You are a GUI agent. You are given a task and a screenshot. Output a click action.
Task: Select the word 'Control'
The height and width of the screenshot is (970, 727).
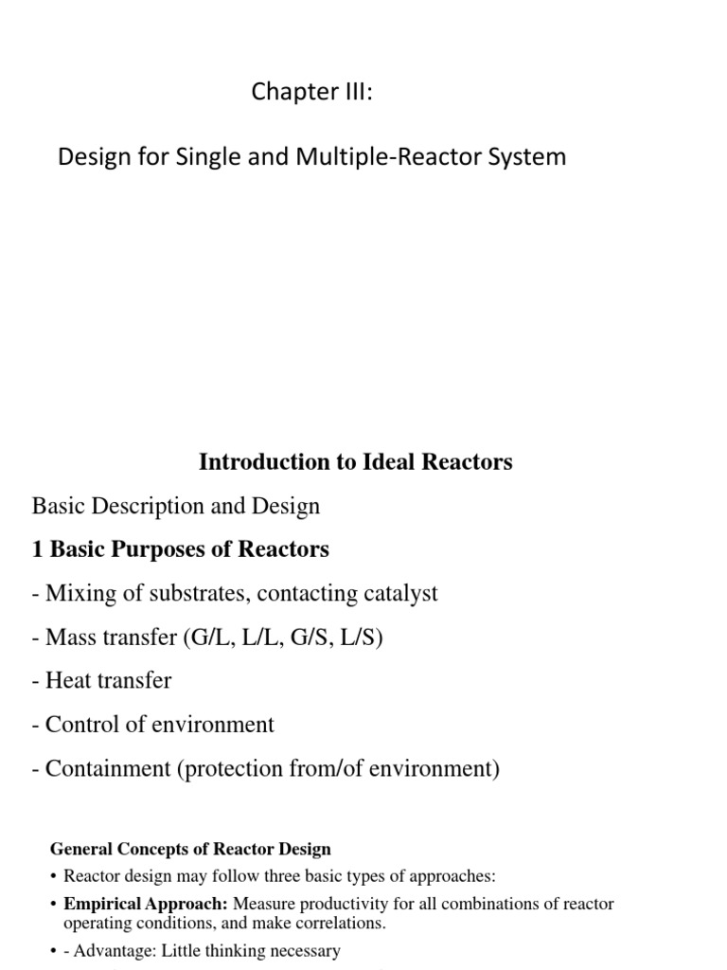pos(80,725)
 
